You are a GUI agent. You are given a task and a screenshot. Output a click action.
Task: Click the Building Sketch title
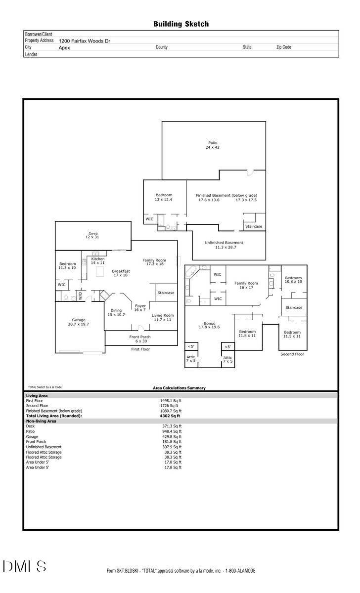pos(180,24)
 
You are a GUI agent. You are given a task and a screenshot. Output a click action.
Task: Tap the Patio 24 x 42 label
pos(213,145)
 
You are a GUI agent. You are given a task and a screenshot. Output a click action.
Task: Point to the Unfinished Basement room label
pos(224,245)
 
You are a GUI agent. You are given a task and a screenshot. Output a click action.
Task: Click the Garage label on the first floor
pos(79,322)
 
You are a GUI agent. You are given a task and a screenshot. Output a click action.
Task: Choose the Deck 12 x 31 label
pos(93,236)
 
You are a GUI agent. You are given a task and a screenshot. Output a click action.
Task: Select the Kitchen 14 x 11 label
pos(97,261)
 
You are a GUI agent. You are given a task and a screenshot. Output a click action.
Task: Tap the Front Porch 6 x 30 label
pos(141,339)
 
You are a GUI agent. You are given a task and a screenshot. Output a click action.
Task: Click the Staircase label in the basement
pos(254,226)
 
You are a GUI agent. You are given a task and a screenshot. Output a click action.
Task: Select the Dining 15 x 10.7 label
pos(116,312)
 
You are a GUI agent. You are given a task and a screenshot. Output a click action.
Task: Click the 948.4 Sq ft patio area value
pos(171,431)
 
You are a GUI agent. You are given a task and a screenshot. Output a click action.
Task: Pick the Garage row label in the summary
pos(32,437)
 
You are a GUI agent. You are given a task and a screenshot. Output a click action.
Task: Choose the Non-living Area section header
pos(41,421)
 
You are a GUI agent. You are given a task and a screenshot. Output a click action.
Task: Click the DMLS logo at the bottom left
pos(25,566)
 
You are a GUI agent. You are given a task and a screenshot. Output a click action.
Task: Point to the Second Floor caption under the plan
pos(292,354)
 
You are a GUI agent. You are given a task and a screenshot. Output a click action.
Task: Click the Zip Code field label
pos(283,47)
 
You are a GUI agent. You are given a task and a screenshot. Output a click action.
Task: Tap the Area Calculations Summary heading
pos(179,388)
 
